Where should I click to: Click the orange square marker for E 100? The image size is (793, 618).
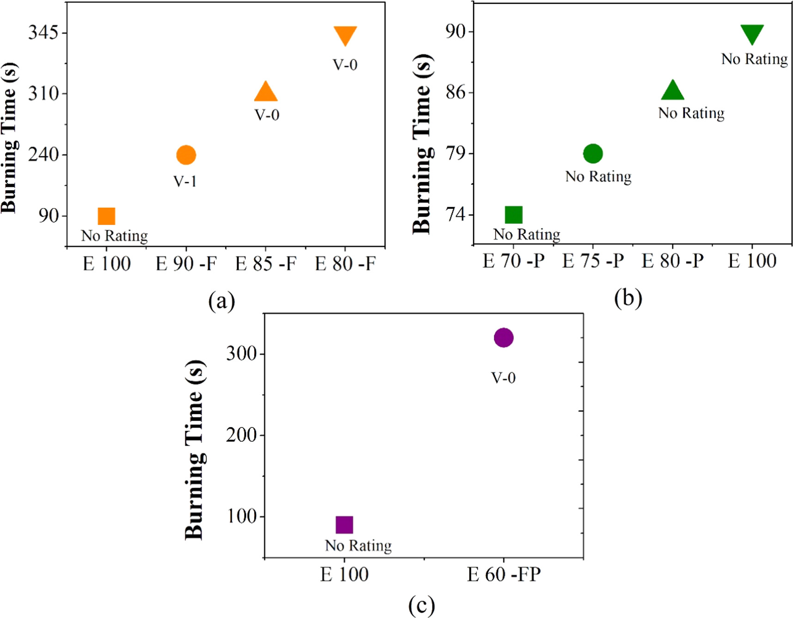tap(106, 216)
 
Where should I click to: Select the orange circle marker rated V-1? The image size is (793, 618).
tap(186, 155)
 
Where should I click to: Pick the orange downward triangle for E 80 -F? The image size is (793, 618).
tap(345, 35)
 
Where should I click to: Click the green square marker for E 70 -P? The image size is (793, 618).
tap(513, 214)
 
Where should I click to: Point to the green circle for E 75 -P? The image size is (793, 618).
tap(593, 153)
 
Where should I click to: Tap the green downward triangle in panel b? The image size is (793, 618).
tap(752, 33)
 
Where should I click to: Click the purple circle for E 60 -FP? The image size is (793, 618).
tap(503, 337)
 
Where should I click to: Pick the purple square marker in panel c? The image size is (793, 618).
tap(344, 525)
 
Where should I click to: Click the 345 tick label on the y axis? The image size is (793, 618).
tap(43, 33)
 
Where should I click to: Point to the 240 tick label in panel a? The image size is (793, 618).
tap(43, 154)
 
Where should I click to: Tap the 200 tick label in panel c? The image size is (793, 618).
tap(241, 435)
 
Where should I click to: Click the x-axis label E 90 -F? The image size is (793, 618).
tap(186, 264)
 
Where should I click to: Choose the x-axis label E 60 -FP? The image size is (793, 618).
tap(503, 575)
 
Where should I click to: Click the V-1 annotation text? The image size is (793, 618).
tap(185, 181)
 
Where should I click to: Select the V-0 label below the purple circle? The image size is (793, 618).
tap(503, 378)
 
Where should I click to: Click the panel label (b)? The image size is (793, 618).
tap(628, 298)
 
